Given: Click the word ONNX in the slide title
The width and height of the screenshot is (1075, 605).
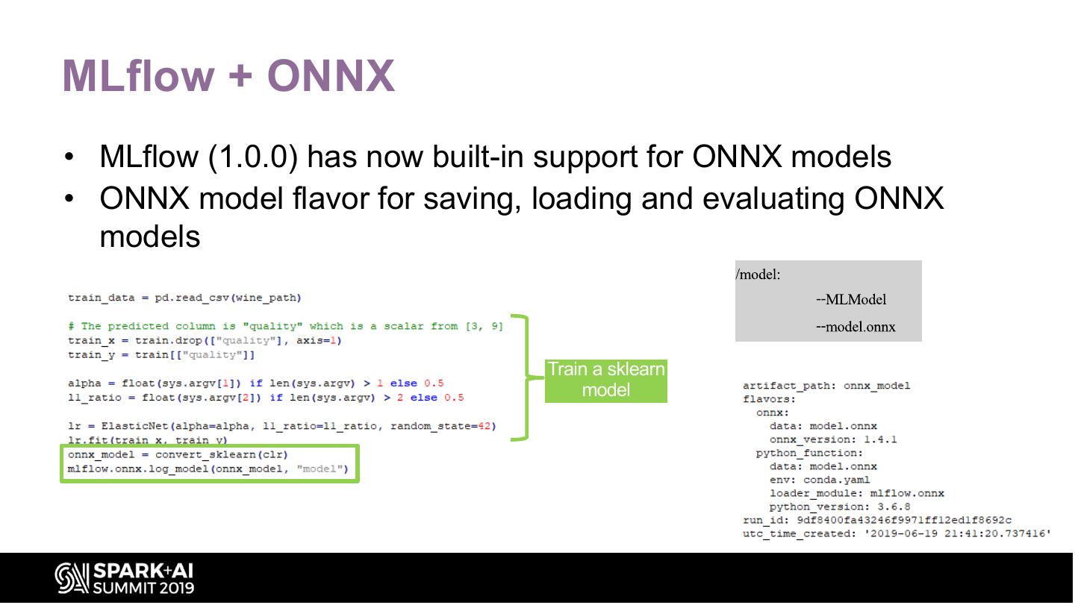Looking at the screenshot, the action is coord(331,76).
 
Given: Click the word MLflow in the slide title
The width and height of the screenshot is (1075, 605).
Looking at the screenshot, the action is coord(139,76).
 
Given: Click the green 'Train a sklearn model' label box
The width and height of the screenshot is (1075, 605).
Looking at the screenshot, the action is coord(605,380).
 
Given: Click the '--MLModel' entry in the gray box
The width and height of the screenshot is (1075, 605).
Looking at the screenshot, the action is coord(851,300).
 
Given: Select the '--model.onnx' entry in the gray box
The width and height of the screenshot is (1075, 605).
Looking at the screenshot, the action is coord(856,327).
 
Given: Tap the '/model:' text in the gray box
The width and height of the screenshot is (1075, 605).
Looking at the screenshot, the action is coord(758,275).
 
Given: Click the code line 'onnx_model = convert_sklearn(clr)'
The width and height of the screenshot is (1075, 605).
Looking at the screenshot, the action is coord(178,454).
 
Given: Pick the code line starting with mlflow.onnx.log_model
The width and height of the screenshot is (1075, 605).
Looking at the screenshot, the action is coord(208,469).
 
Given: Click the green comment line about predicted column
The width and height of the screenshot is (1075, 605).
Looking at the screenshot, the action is coord(285,326).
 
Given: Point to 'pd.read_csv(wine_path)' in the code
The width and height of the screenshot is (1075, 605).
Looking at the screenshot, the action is coord(228,298).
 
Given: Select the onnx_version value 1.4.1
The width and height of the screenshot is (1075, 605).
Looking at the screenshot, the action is coord(880,439).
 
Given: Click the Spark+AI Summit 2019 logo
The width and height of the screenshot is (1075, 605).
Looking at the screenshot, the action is coord(125,579).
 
